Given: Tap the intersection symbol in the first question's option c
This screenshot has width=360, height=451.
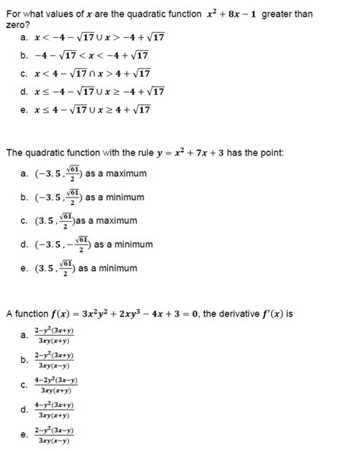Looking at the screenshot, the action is click(x=93, y=74).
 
